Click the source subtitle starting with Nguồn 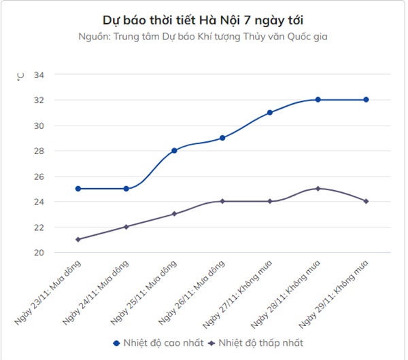click(x=203, y=36)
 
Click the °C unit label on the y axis click(x=20, y=76)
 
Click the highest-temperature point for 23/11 click(x=78, y=188)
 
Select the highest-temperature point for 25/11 click(x=174, y=150)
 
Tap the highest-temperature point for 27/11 click(x=270, y=112)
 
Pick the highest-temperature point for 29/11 click(x=366, y=100)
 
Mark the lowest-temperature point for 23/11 click(x=78, y=239)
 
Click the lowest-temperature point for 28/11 click(x=318, y=188)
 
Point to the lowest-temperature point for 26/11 click(x=222, y=201)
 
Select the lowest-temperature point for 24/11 click(x=126, y=226)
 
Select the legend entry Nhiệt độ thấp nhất click(x=257, y=343)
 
